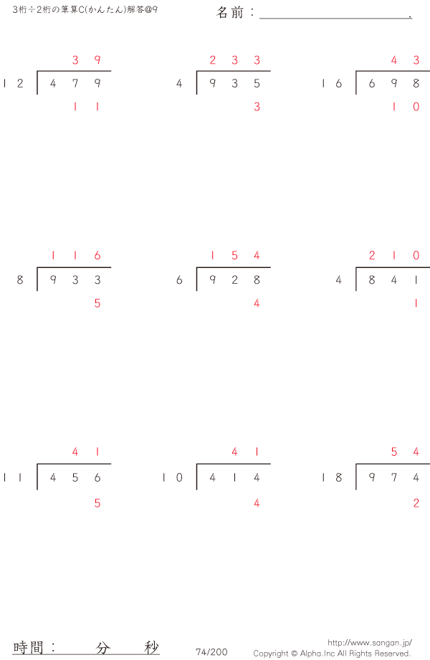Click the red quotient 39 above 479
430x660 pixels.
(86, 60)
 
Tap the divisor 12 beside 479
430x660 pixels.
(14, 83)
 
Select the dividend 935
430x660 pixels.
(234, 83)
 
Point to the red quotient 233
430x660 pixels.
(234, 60)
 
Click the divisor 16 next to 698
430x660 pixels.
(332, 83)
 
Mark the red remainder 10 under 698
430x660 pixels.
(405, 107)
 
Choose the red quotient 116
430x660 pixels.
(75, 256)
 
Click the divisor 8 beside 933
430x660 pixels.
(20, 280)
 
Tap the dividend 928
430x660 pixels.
(234, 280)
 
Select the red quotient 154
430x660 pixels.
(234, 256)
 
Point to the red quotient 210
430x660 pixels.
(394, 256)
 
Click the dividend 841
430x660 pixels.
(394, 280)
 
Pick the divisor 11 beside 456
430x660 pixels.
(14, 477)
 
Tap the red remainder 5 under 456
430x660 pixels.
(97, 503)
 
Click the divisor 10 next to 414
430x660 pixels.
(173, 477)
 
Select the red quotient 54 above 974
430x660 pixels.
(405, 451)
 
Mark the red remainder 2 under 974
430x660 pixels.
(416, 503)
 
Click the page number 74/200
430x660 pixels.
(211, 651)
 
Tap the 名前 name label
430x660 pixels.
(231, 12)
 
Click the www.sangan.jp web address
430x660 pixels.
(369, 643)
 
